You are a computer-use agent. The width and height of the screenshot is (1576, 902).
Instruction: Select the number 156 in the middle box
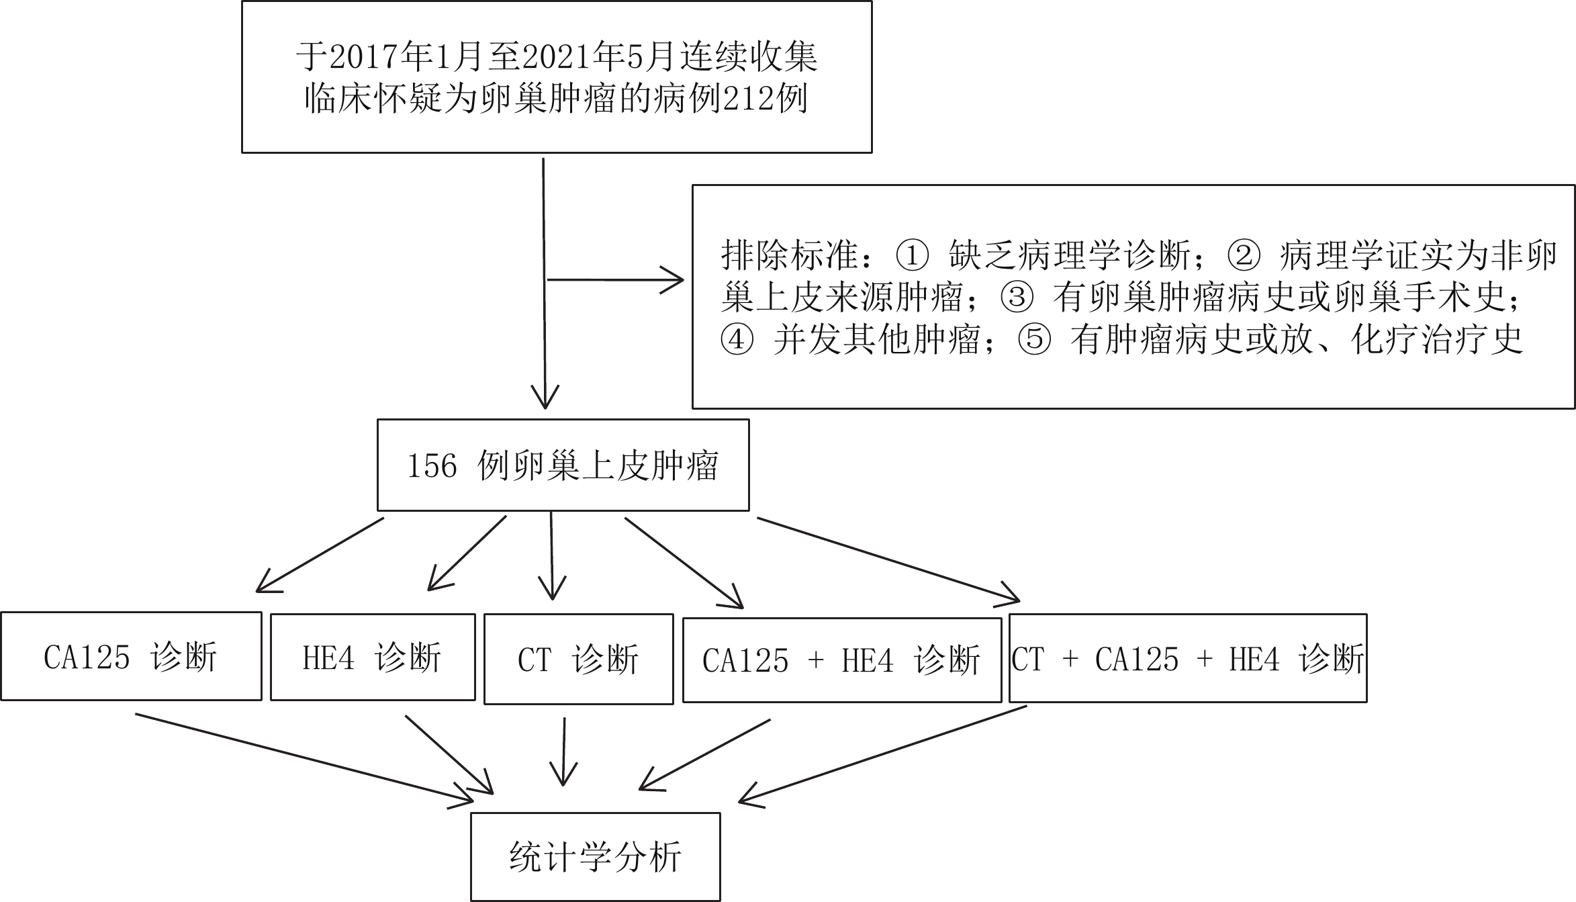tap(432, 466)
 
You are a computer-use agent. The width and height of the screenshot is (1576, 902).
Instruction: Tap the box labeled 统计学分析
tap(595, 857)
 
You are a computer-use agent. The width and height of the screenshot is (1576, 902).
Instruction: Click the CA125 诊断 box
tap(131, 656)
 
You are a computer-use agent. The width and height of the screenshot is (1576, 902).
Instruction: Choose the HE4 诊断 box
tap(373, 657)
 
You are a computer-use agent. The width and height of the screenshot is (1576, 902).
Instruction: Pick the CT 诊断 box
tap(578, 659)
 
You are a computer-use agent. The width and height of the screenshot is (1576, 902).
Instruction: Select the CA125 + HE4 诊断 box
tap(842, 660)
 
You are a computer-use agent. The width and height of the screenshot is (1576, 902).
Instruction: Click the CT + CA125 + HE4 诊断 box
tap(1188, 658)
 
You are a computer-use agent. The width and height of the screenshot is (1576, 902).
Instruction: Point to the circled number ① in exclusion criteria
tap(913, 255)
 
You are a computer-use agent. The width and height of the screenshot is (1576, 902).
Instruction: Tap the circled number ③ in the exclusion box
tap(1017, 298)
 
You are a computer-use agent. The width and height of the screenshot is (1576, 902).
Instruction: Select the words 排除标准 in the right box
tap(790, 255)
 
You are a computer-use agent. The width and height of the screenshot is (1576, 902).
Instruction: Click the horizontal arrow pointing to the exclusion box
tap(616, 279)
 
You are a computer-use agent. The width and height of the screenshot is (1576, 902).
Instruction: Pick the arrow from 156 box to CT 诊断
tap(552, 555)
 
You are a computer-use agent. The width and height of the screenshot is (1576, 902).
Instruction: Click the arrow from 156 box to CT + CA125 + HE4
tap(888, 560)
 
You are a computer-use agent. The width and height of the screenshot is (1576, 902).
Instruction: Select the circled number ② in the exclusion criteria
tap(1244, 255)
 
